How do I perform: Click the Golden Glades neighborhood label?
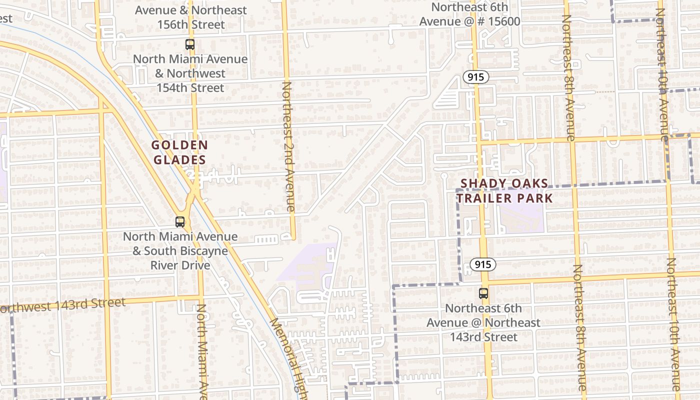[x=179, y=152]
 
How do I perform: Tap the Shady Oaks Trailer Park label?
[x=504, y=190]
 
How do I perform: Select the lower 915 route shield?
[x=483, y=264]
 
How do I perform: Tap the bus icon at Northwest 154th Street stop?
[x=190, y=44]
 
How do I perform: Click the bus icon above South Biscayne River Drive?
[x=180, y=221]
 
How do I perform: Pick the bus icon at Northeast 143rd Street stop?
[x=483, y=293]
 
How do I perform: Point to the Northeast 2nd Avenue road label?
[x=288, y=145]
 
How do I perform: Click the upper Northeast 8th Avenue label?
[x=568, y=77]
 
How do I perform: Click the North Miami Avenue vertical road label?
[x=201, y=350]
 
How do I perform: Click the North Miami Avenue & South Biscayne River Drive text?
[x=180, y=250]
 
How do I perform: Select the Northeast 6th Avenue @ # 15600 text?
[x=469, y=14]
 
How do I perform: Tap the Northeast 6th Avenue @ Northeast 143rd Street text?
[x=483, y=322]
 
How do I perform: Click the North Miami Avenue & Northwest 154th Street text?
[x=190, y=73]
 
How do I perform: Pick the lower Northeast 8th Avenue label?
[x=580, y=327]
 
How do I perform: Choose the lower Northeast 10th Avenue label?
[x=673, y=325]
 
